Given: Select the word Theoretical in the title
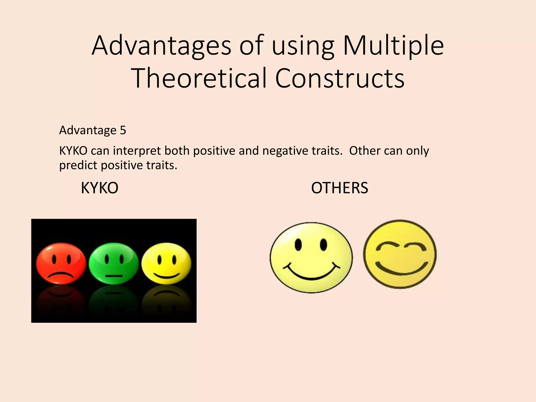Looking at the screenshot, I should [x=200, y=78].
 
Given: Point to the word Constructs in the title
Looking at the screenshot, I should [x=340, y=78].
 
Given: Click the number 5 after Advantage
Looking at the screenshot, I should [x=123, y=130].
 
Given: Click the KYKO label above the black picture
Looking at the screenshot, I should [x=99, y=188].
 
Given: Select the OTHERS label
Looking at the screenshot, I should [x=339, y=188].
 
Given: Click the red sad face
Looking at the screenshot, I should [x=61, y=263].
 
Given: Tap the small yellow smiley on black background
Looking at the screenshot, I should [x=166, y=263].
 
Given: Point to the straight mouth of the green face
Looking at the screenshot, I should [x=114, y=275].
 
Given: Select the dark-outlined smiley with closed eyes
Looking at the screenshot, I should [x=400, y=254].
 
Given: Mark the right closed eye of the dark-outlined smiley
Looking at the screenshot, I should [x=414, y=246].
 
